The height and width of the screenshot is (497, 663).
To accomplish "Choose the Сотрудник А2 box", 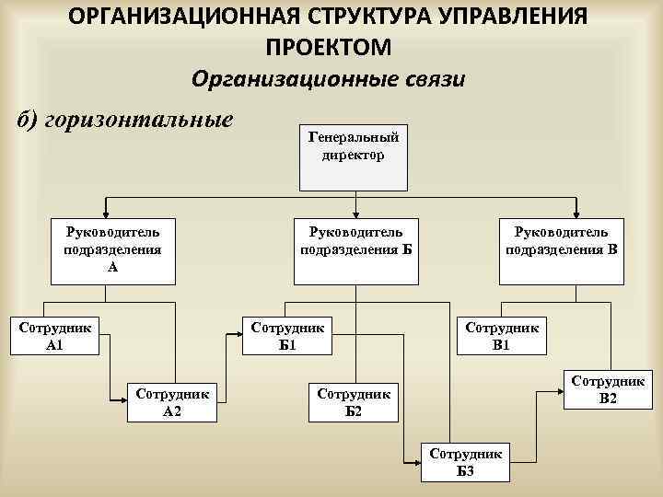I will pyautogui.click(x=172, y=401).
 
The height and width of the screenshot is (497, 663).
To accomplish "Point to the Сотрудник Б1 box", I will pyautogui.click(x=287, y=336).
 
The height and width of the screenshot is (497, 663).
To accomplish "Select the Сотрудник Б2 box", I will pyautogui.click(x=354, y=401).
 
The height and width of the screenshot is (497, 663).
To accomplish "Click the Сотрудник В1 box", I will pyautogui.click(x=501, y=336).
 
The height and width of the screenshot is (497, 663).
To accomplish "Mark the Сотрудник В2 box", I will pyautogui.click(x=608, y=390).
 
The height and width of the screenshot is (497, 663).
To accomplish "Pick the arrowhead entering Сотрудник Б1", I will pyautogui.click(x=238, y=337).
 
